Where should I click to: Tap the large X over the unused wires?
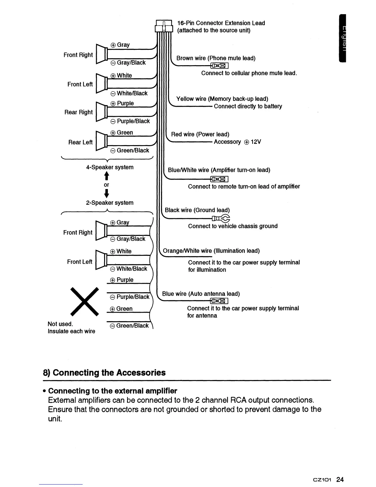[84, 302]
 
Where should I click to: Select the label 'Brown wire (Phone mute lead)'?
[216, 58]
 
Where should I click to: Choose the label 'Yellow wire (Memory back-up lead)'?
[222, 99]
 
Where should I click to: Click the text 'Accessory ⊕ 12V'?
[237, 142]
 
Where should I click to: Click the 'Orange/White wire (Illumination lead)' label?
[211, 251]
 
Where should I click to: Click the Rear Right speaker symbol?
[101, 112]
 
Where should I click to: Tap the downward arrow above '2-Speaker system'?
[106, 193]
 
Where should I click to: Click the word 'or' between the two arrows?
[106, 185]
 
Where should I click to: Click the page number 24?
[340, 479]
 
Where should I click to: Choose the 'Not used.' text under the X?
[60, 324]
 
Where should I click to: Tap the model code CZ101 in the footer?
[322, 480]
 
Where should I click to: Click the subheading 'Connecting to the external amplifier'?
[113, 391]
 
